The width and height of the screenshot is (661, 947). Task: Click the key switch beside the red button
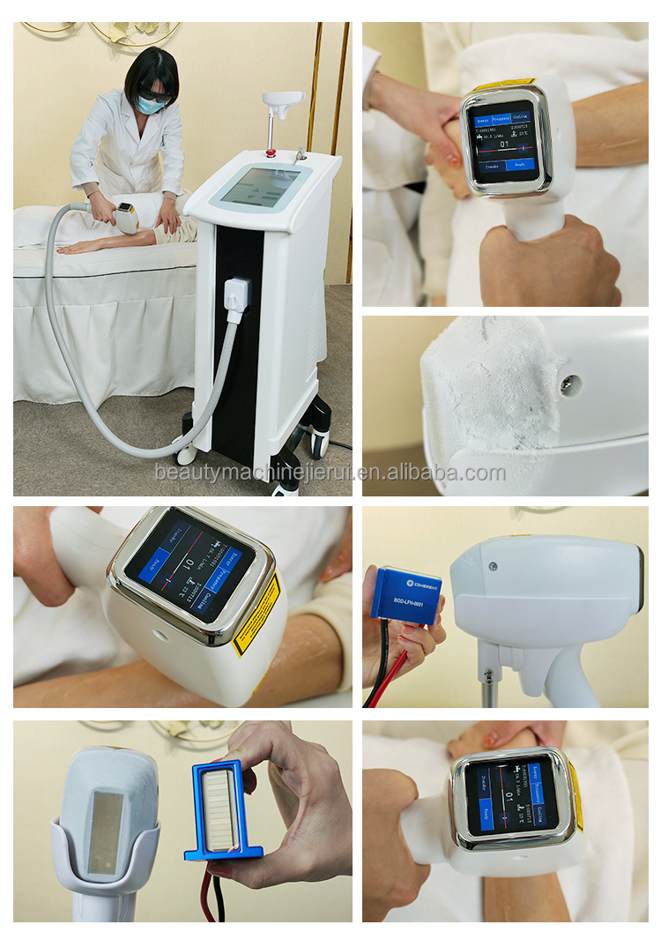tap(301, 154)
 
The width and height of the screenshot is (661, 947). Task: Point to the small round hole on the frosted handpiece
tap(571, 385)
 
